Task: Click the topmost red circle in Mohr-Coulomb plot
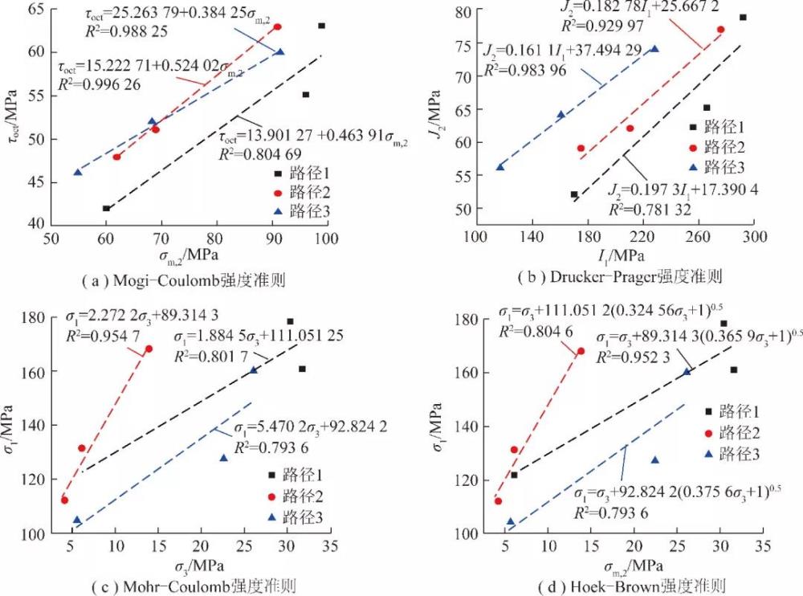click(x=149, y=349)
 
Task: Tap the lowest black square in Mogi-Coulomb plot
click(x=106, y=208)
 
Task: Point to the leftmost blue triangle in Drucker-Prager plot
click(x=499, y=166)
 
